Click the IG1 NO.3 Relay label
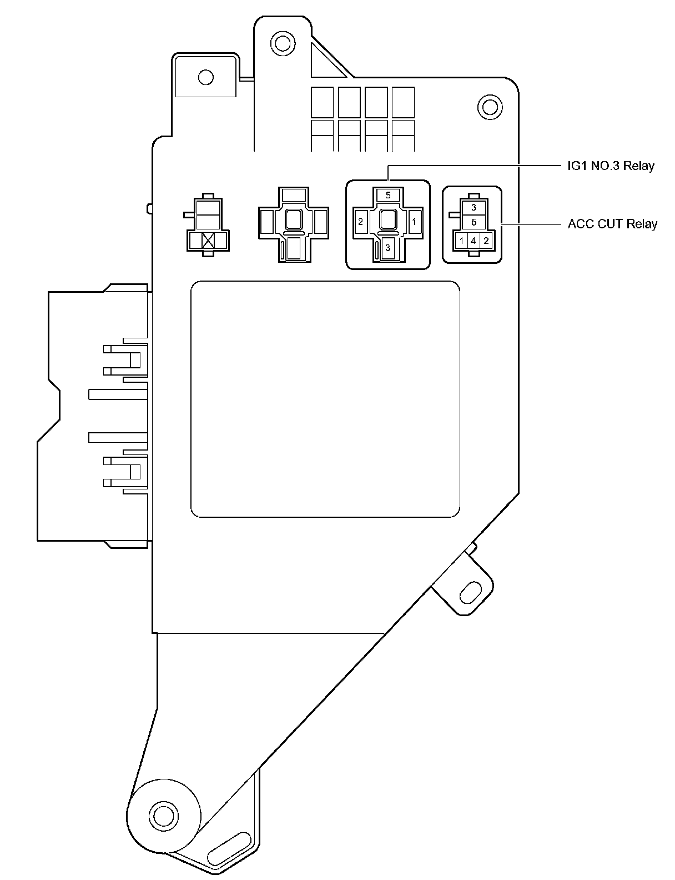point(611,166)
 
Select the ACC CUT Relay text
point(612,224)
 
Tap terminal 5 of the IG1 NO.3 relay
point(388,196)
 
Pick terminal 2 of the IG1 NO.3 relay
point(360,222)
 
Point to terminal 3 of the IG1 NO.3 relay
point(388,248)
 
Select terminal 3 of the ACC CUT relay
point(473,208)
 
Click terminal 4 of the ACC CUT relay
point(473,241)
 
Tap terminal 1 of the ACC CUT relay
point(461,241)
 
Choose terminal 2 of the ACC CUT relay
point(486,241)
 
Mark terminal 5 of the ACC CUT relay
point(473,222)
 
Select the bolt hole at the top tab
point(281,42)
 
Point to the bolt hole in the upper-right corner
point(489,106)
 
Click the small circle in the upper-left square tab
point(205,76)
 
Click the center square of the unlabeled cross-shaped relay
point(293,220)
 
